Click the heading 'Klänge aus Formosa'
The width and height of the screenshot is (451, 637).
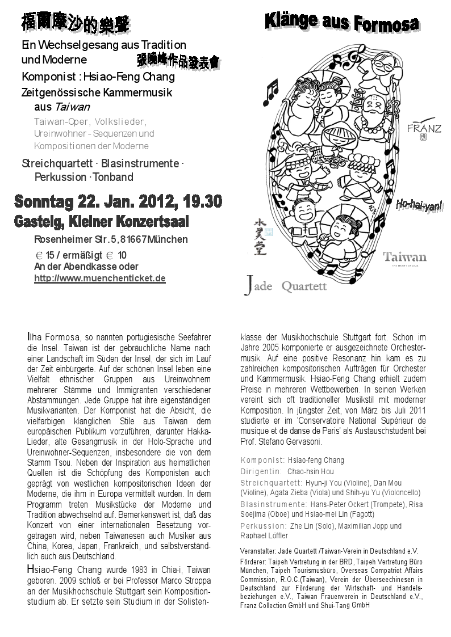click(341, 23)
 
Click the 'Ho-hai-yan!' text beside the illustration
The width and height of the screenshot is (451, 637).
click(419, 206)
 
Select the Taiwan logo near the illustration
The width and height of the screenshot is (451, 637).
click(404, 258)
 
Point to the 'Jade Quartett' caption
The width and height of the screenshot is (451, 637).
click(286, 285)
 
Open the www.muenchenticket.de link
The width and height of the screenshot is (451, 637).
click(99, 278)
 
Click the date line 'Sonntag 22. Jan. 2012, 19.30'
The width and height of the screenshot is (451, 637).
click(118, 201)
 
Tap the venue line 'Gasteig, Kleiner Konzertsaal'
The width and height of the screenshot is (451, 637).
click(102, 221)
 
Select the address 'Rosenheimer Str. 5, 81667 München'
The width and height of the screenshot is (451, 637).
click(111, 239)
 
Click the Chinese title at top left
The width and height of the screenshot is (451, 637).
click(75, 24)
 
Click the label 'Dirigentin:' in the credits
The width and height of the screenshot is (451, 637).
click(261, 471)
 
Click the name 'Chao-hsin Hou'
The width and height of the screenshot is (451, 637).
click(311, 471)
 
